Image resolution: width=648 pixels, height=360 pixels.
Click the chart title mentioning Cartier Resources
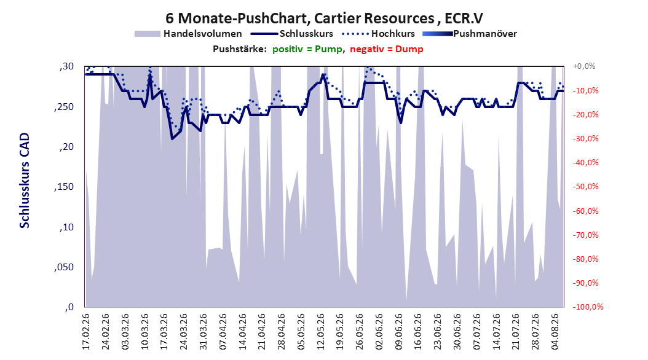324,18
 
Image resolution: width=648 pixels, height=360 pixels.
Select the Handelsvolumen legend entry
188,34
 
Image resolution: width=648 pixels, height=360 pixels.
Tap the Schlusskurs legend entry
292,34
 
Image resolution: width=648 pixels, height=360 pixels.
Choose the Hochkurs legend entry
378,34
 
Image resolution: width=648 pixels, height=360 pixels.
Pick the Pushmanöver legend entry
470,34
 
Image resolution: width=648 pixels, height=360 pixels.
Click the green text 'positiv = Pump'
307,49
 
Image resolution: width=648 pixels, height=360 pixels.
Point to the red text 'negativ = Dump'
387,49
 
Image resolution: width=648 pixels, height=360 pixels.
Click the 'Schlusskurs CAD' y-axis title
25,181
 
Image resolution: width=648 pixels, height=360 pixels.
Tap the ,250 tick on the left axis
64,107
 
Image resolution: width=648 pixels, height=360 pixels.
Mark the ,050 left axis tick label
64,267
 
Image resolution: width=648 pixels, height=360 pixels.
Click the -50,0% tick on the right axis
585,187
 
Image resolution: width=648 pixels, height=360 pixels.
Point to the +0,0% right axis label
584,66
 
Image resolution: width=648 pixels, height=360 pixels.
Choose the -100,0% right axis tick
588,307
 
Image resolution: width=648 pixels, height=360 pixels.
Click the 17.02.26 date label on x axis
86,332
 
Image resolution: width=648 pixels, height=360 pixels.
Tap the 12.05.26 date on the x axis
321,332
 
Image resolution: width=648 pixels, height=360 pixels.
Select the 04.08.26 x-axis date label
555,332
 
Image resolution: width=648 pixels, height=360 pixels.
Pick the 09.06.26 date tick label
399,332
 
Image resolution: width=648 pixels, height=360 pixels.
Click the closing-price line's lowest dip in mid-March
172,139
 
